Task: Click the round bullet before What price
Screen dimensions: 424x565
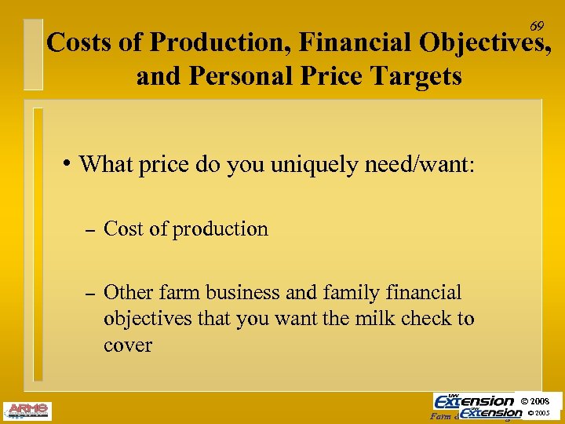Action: pos(70,163)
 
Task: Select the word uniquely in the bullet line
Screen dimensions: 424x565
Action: pos(314,164)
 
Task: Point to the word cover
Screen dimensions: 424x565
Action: pos(127,345)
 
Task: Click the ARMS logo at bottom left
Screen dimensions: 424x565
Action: pos(27,410)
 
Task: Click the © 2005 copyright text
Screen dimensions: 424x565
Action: pos(541,413)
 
